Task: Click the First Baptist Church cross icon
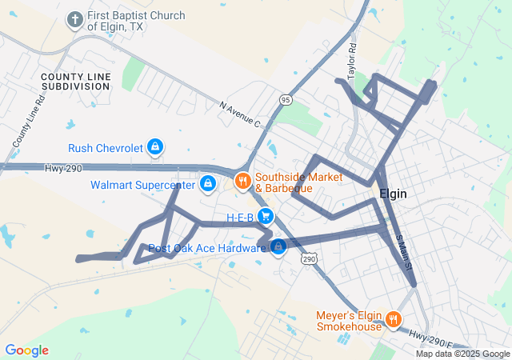(75, 19)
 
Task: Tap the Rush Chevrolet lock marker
(156, 147)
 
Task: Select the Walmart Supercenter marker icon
(208, 184)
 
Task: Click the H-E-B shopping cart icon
(266, 216)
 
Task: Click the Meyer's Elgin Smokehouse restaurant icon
(393, 320)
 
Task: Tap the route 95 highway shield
(286, 99)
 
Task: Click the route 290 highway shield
(310, 258)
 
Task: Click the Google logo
(26, 350)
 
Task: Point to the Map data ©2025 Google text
(462, 354)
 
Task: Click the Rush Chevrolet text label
(106, 148)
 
